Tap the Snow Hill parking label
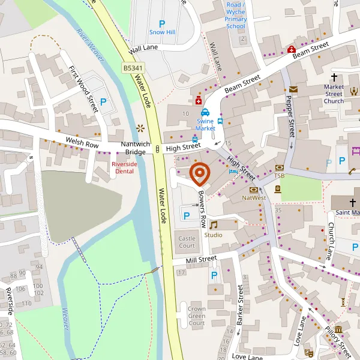(161, 32)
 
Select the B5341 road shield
(133, 68)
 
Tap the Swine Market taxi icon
(205, 112)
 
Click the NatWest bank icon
(253, 189)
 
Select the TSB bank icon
(279, 168)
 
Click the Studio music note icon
(213, 225)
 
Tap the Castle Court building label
(187, 242)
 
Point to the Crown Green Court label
(197, 316)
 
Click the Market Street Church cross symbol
(334, 77)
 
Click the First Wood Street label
(83, 89)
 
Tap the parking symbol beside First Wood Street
(103, 101)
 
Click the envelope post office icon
(293, 89)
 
